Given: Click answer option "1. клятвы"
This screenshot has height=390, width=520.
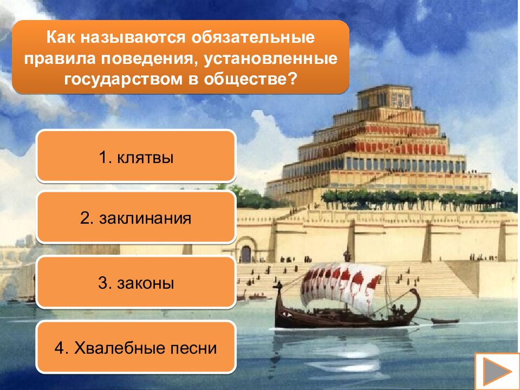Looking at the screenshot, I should point(135,158).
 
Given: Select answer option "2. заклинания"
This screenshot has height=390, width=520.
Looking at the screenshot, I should point(135,219).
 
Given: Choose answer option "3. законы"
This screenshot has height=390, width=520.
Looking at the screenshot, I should point(135,283).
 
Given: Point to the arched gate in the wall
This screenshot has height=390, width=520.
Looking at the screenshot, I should point(246,253).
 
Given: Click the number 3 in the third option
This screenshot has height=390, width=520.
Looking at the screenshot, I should point(102,283).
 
